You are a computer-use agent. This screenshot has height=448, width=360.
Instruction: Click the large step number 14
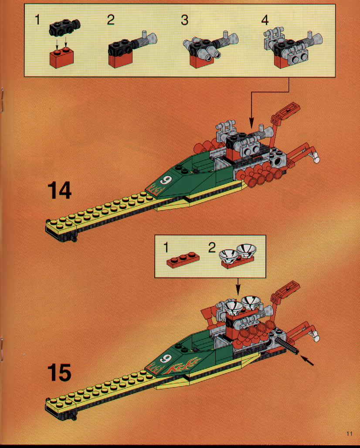pyautogui.click(x=59, y=190)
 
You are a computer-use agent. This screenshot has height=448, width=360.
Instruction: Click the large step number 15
pyautogui.click(x=59, y=373)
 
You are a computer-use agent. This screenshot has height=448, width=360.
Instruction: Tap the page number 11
pyautogui.click(x=349, y=434)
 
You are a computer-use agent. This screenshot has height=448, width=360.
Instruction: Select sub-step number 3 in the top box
pyautogui.click(x=184, y=20)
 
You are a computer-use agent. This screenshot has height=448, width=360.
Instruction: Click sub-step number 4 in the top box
pyautogui.click(x=265, y=20)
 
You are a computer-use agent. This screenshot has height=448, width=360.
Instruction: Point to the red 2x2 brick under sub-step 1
pyautogui.click(x=62, y=58)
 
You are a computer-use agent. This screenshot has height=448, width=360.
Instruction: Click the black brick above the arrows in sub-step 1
pyautogui.click(x=65, y=29)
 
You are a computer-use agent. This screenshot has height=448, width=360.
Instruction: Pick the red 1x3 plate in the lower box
pyautogui.click(x=183, y=261)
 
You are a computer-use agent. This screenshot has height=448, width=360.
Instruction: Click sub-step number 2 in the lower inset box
pyautogui.click(x=211, y=248)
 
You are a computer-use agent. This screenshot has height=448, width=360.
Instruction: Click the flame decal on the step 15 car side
pyautogui.click(x=183, y=366)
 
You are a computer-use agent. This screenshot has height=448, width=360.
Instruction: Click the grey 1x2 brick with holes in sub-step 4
pyautogui.click(x=299, y=57)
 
